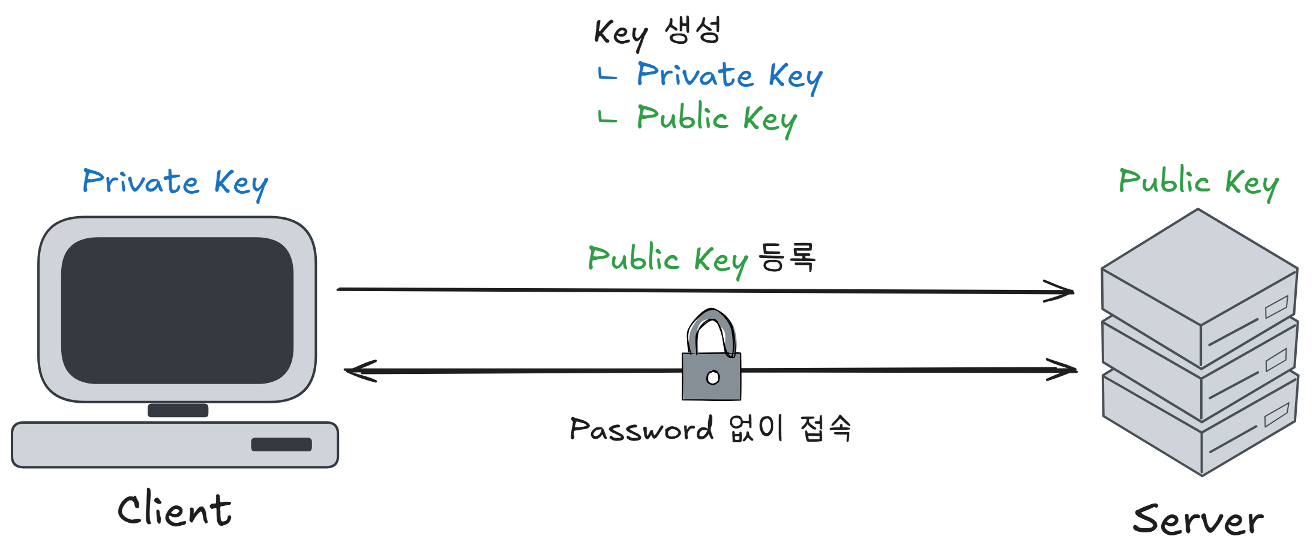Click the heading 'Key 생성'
pyautogui.click(x=657, y=32)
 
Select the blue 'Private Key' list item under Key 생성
pyautogui.click(x=729, y=77)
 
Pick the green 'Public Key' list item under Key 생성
pyautogui.click(x=717, y=119)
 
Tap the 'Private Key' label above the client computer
pyautogui.click(x=175, y=184)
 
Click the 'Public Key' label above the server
pyautogui.click(x=1199, y=182)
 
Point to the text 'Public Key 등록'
pyautogui.click(x=702, y=260)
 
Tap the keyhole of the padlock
pyautogui.click(x=713, y=378)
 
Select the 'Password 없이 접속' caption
pyautogui.click(x=711, y=429)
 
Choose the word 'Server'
pyautogui.click(x=1198, y=520)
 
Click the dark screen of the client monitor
pyautogui.click(x=177, y=310)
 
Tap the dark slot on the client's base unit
pyautogui.click(x=281, y=444)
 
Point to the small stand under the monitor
pyautogui.click(x=178, y=411)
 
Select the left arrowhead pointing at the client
pyautogui.click(x=361, y=371)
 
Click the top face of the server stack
pyautogui.click(x=1199, y=266)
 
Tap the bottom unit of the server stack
pyautogui.click(x=1200, y=423)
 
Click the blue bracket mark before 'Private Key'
pyautogui.click(x=607, y=74)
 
